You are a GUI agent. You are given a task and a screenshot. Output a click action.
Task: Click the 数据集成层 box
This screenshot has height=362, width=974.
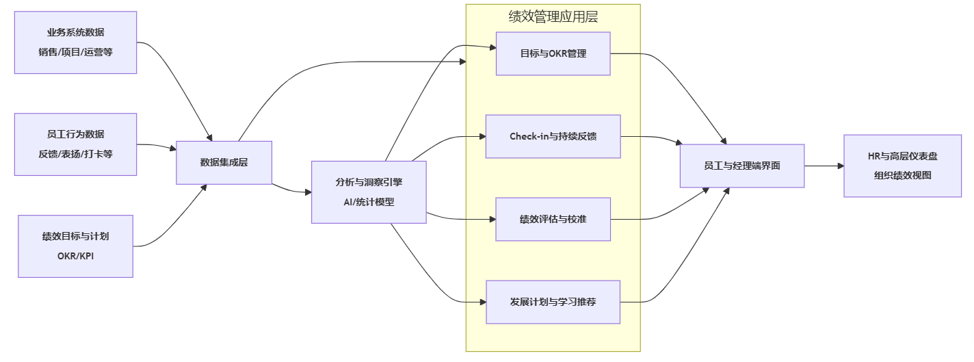click(224, 162)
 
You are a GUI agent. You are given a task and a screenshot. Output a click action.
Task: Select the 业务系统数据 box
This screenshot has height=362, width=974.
click(75, 42)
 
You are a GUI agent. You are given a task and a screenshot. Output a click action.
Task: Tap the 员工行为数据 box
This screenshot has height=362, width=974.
click(75, 144)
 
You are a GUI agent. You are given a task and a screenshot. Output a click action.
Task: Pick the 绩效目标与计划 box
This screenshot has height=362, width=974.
click(75, 246)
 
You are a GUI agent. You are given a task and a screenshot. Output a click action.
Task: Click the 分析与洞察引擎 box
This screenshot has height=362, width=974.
click(369, 192)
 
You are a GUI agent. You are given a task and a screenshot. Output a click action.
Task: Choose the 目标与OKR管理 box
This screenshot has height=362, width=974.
click(553, 53)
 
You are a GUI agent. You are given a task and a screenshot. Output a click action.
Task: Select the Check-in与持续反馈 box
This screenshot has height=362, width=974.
click(553, 136)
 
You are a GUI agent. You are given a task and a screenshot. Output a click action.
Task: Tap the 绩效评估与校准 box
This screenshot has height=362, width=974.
click(553, 219)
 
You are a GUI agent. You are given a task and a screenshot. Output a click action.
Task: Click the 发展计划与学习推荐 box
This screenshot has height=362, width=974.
click(553, 302)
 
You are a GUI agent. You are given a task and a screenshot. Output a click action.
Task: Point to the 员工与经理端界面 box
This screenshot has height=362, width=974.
click(741, 166)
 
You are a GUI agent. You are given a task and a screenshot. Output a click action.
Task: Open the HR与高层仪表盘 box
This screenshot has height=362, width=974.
click(902, 166)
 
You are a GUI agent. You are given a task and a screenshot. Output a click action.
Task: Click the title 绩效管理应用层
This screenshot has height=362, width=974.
click(553, 17)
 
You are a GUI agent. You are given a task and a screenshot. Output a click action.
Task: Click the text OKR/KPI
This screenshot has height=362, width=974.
click(75, 256)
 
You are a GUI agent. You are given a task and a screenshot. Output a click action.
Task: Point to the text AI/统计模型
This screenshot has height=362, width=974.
click(369, 202)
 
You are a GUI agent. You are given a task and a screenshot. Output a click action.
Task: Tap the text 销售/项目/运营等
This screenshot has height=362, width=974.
click(75, 52)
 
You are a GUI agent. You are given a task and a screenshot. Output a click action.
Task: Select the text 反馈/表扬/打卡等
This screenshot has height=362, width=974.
click(75, 154)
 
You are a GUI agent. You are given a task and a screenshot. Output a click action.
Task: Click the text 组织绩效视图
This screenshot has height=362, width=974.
click(902, 175)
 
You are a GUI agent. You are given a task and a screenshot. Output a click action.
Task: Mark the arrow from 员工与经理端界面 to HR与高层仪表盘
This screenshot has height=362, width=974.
click(824, 166)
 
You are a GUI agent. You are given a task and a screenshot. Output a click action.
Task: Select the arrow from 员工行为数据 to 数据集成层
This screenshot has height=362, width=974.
click(157, 145)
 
